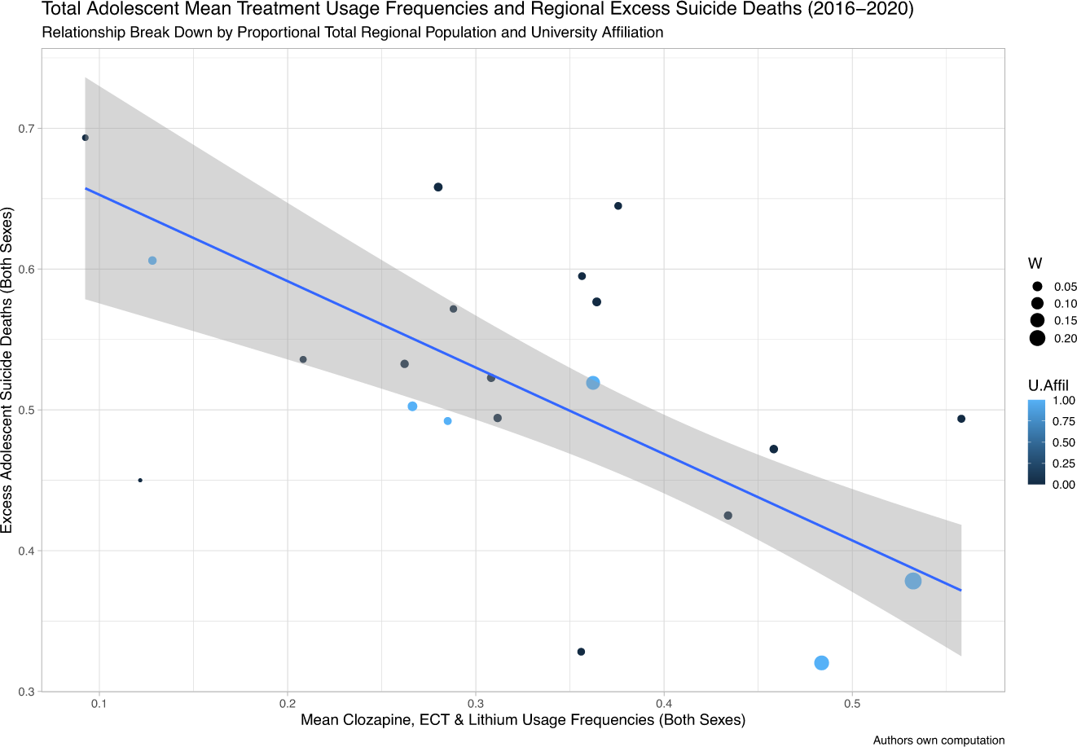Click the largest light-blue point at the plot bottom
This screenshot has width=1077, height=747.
pyautogui.click(x=821, y=663)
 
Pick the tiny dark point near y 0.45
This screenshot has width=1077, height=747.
pyautogui.click(x=140, y=481)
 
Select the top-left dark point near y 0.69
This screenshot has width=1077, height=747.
pyautogui.click(x=86, y=138)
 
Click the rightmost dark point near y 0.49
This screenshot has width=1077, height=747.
pyautogui.click(x=961, y=419)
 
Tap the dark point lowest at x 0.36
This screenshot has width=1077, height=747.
pyautogui.click(x=581, y=652)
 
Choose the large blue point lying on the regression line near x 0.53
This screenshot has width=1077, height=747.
pyautogui.click(x=913, y=581)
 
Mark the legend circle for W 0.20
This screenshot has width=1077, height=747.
pyautogui.click(x=1037, y=339)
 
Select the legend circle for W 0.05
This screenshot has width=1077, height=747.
pyautogui.click(x=1037, y=287)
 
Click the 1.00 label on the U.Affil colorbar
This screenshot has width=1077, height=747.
pyautogui.click(x=1065, y=401)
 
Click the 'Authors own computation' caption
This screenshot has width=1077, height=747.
pyautogui.click(x=939, y=740)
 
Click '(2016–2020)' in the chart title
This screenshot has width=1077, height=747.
pyautogui.click(x=871, y=11)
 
